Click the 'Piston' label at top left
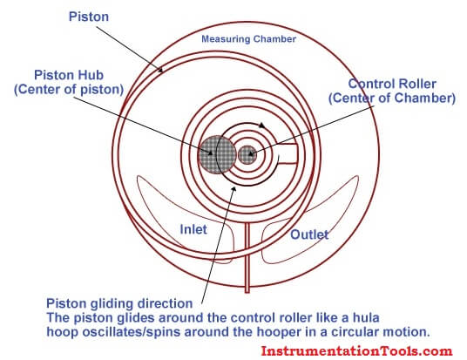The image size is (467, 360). pyautogui.click(x=89, y=17)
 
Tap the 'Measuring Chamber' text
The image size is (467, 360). pyautogui.click(x=248, y=39)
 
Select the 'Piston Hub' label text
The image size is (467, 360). pyautogui.click(x=69, y=75)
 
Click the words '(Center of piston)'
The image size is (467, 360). pyautogui.click(x=69, y=90)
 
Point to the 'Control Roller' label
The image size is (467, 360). pyautogui.click(x=392, y=84)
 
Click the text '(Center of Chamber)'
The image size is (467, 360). pyautogui.click(x=392, y=98)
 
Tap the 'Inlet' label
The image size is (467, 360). pyautogui.click(x=193, y=229)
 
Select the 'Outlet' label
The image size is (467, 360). pyautogui.click(x=309, y=234)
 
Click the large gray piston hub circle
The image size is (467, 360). pyautogui.click(x=217, y=154)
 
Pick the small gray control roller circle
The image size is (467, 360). pyautogui.click(x=247, y=154)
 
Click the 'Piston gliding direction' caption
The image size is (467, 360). pyautogui.click(x=119, y=303)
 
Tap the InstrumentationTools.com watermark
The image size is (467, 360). pyautogui.click(x=356, y=350)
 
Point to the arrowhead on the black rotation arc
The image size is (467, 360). pyautogui.click(x=261, y=126)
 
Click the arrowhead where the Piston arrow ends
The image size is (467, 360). pyautogui.click(x=161, y=71)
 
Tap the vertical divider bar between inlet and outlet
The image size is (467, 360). pyautogui.click(x=247, y=258)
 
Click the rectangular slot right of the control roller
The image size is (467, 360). pyautogui.click(x=288, y=153)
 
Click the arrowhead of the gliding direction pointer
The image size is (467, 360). pyautogui.click(x=234, y=189)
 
